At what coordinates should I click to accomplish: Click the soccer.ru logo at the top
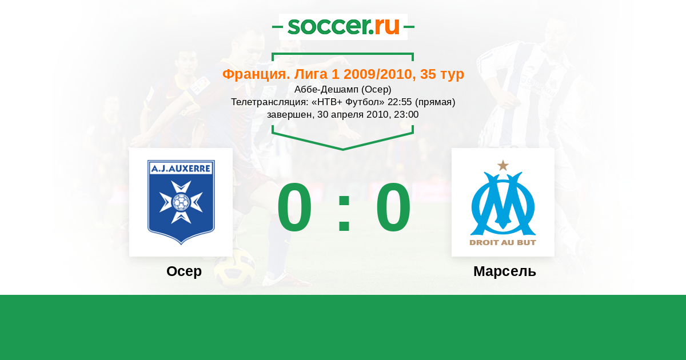pos(344,27)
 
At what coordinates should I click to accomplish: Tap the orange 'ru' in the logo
pos(387,27)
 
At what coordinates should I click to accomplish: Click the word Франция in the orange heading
pos(256,74)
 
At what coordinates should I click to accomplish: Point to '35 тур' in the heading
pos(442,74)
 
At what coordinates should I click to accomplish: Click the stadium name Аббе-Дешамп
pos(326,89)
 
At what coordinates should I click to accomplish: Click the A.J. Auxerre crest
pos(181,202)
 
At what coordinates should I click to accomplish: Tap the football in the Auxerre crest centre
pos(181,202)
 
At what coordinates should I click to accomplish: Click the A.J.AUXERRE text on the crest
pos(181,169)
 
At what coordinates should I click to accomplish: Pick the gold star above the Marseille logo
pos(503,165)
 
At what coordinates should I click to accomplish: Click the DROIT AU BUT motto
pos(503,243)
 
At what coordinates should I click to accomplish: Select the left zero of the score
pos(294,207)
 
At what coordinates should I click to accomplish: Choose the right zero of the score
pos(393,207)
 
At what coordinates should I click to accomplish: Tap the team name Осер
pos(184,271)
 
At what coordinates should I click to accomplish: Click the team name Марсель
pos(505,271)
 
